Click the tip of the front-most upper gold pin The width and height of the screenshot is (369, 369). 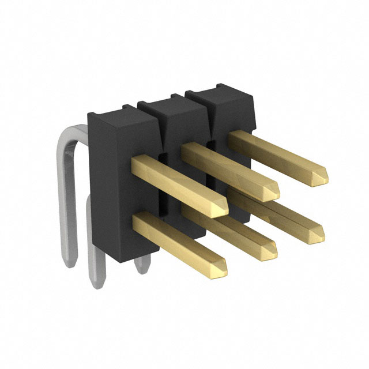point(221,208)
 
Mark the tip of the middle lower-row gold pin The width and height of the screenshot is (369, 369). point(269,251)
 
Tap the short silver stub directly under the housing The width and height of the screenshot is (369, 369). point(141,265)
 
